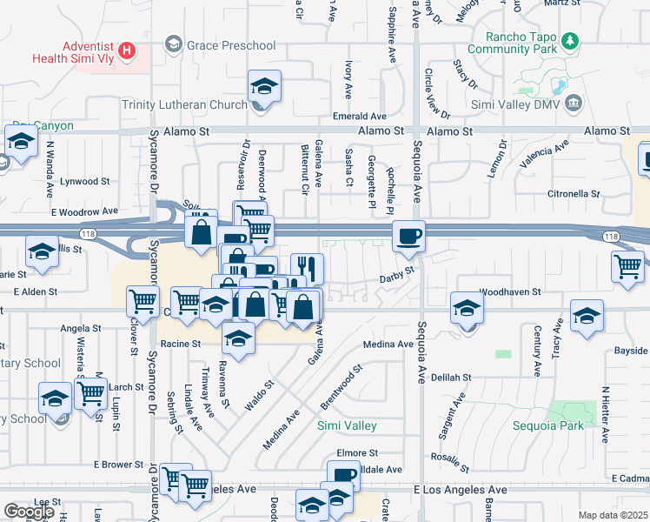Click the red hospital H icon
click(x=128, y=50)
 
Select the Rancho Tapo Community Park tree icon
click(x=570, y=40)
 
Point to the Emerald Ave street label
click(x=360, y=116)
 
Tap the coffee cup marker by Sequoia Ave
click(x=408, y=236)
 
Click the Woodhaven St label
click(x=510, y=292)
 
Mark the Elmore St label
click(x=357, y=453)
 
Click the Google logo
click(x=28, y=512)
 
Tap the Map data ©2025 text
click(x=612, y=515)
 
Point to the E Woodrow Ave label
click(x=83, y=211)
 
